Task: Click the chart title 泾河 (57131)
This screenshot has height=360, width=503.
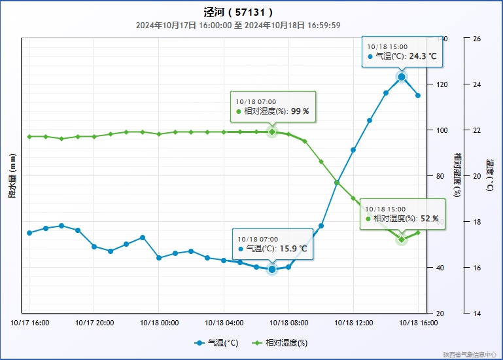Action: [x=238, y=12]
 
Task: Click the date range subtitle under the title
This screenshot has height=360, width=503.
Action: [x=238, y=26]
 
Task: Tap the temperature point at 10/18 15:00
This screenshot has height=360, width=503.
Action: [x=402, y=77]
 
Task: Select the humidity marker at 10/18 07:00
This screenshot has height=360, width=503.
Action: [x=272, y=132]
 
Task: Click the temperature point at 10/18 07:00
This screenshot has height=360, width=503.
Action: [x=272, y=269]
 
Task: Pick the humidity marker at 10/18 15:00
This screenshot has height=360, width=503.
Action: [x=402, y=240]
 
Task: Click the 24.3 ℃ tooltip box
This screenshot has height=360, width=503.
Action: [x=402, y=52]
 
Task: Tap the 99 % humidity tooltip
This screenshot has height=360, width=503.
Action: [x=273, y=107]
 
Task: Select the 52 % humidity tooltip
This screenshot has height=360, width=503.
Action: [x=402, y=214]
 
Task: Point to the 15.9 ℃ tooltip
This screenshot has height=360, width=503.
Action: [x=272, y=244]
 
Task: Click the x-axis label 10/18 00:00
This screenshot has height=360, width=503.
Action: [x=160, y=323]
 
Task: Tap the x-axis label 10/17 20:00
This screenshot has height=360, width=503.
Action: [x=95, y=323]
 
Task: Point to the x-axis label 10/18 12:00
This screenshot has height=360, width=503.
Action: [x=354, y=323]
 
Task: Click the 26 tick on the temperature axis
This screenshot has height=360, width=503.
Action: [x=476, y=39]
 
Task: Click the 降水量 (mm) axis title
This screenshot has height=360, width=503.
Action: [x=12, y=175]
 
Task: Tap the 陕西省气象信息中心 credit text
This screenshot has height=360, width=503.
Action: [x=469, y=354]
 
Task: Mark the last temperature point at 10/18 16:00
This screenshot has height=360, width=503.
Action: [x=418, y=96]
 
